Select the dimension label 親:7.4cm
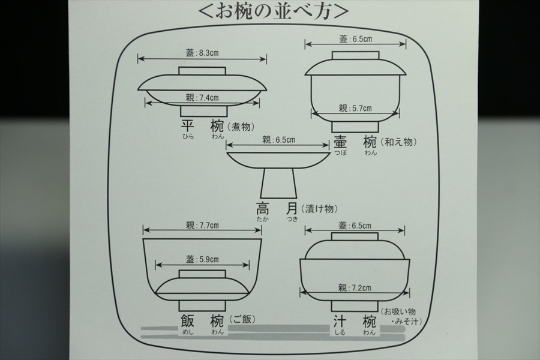coord(202,97)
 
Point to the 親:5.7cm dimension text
coord(355,109)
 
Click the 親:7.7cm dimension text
coord(202,226)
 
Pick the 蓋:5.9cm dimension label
coord(202,260)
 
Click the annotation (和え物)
coord(400,142)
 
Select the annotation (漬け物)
coord(319,209)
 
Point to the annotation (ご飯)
coord(242,319)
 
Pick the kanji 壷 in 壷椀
coord(340,142)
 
